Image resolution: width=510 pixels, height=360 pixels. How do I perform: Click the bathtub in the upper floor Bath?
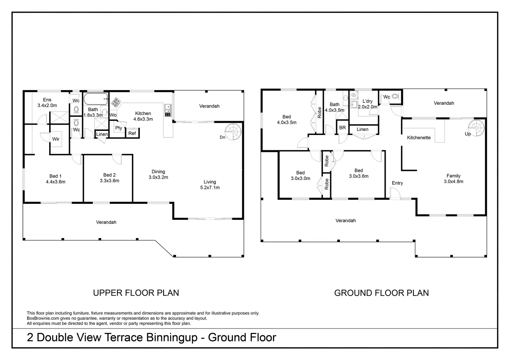point(96,99)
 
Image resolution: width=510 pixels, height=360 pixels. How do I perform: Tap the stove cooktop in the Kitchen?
point(116,102)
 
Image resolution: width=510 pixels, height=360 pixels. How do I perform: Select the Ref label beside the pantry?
point(132,133)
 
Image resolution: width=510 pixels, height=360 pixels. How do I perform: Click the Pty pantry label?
point(118,128)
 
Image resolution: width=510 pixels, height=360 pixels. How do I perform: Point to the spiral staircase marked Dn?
point(233,132)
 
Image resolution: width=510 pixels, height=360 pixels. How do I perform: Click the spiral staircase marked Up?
point(476,128)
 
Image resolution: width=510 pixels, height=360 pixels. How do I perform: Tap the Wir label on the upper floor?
point(56,139)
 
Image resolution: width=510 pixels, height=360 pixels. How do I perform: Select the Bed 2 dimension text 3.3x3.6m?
point(109,181)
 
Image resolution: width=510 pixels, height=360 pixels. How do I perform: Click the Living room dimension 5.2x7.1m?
point(210,187)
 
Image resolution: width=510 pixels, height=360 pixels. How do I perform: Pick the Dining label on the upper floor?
point(158,171)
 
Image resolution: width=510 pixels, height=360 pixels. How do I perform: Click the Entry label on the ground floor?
point(397,183)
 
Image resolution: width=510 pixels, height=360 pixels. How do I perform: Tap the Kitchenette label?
point(419,137)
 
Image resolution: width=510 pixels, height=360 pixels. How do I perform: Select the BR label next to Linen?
point(342,128)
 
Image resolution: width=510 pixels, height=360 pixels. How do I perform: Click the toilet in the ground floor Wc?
point(395,96)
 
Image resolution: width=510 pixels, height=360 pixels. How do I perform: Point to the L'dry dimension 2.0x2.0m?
point(368,107)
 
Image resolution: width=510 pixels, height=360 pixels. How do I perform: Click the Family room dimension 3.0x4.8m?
point(454,181)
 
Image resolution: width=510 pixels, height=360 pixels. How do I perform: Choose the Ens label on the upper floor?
point(47,100)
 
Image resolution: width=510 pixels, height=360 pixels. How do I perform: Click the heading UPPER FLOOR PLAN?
point(136,293)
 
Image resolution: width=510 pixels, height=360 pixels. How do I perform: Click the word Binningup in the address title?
point(172,337)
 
